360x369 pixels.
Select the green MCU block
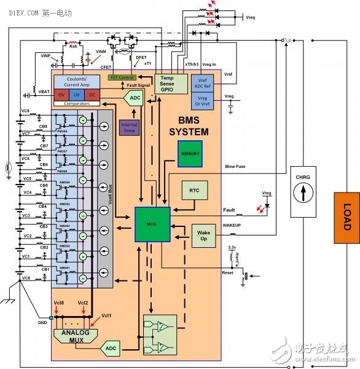pos(151,224)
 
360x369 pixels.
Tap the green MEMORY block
pos(189,153)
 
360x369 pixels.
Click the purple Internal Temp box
pos(129,127)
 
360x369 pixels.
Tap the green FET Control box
pos(122,77)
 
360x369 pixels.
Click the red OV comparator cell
pos(61,95)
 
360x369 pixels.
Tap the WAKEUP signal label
pos(232,226)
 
